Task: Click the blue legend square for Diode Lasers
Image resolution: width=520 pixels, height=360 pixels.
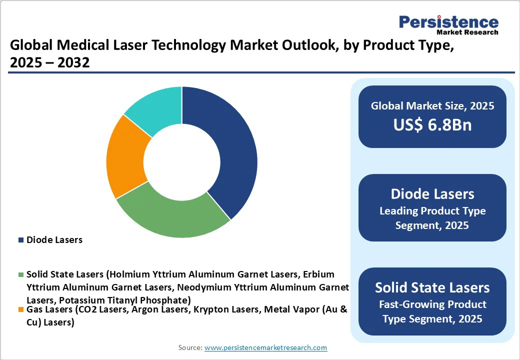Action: point(21,240)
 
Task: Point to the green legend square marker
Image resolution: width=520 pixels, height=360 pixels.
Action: point(21,275)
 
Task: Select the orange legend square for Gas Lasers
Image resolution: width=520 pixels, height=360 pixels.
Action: point(21,310)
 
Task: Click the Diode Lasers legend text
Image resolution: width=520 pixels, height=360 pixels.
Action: point(54,240)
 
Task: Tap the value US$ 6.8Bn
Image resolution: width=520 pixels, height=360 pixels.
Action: point(432,125)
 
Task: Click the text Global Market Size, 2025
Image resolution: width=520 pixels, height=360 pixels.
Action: point(432,106)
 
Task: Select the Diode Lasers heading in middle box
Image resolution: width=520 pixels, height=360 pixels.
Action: point(432,194)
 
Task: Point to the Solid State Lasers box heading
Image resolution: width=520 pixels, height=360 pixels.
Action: point(432,287)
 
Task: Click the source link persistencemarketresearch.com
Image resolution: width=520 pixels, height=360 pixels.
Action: point(265,347)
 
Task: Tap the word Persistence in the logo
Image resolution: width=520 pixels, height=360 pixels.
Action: point(448,22)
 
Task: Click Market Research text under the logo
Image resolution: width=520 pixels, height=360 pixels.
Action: point(467,32)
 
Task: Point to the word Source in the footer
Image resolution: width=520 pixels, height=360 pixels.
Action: point(189,347)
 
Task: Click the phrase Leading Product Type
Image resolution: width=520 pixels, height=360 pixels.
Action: point(432,211)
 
